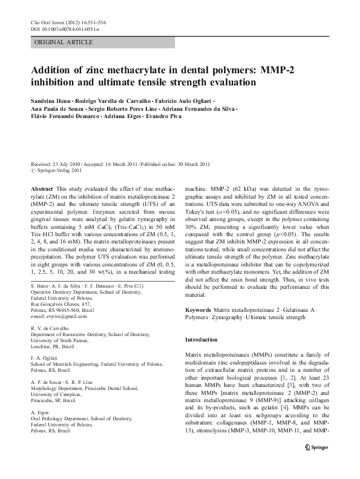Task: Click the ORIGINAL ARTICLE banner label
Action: point(64,42)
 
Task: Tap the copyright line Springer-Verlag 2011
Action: point(58,171)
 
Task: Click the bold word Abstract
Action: point(42,190)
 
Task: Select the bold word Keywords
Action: point(198,310)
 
